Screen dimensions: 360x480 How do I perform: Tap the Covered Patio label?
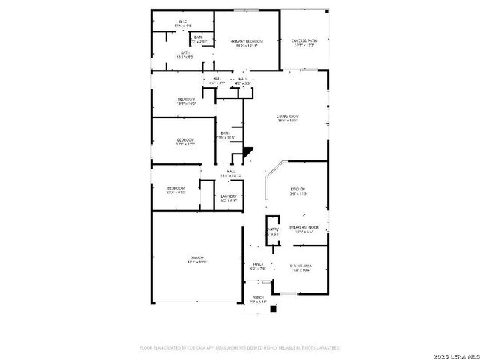tap(304, 40)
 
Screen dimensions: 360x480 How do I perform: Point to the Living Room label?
tap(288, 116)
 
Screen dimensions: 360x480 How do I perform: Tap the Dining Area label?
tap(300, 265)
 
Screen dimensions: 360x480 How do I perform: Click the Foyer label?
tap(257, 265)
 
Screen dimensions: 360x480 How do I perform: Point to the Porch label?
tap(258, 297)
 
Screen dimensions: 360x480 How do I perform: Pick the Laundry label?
tap(229, 196)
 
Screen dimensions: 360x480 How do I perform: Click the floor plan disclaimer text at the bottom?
tap(240, 347)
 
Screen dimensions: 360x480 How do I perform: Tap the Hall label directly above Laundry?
tap(232, 172)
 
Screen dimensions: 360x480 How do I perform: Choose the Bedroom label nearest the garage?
tap(175, 187)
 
